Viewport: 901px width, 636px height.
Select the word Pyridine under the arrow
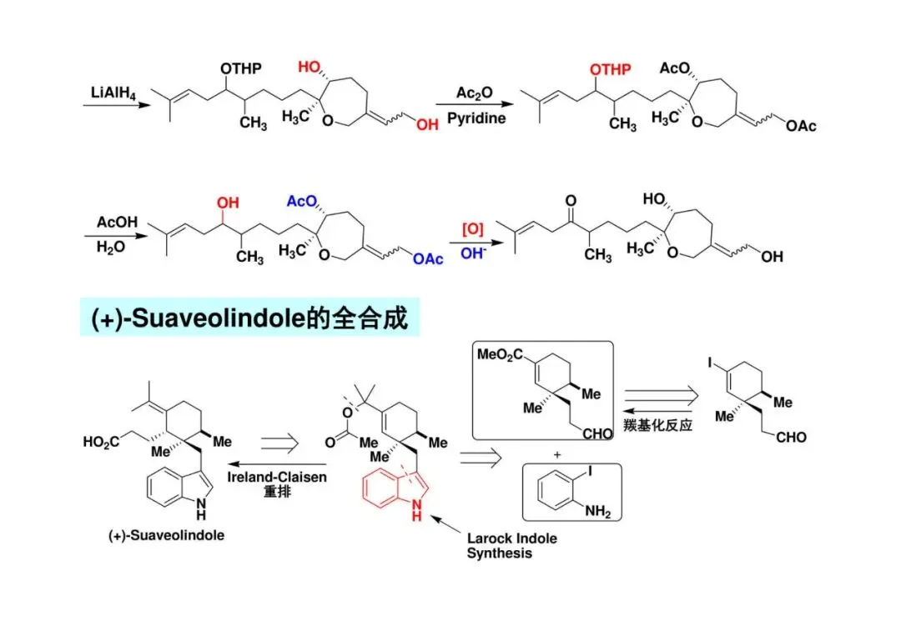pyautogui.click(x=476, y=119)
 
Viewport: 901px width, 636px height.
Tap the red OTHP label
pyautogui.click(x=610, y=69)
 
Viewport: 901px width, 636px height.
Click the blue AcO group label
pyautogui.click(x=303, y=203)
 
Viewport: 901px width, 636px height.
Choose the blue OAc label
pyautogui.click(x=429, y=259)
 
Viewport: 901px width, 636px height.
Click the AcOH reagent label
pyautogui.click(x=110, y=223)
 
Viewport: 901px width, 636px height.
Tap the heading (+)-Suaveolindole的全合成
pyautogui.click(x=249, y=318)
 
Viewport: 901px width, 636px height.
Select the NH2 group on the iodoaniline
pyautogui.click(x=596, y=513)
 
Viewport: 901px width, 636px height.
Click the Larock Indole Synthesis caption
pyautogui.click(x=511, y=545)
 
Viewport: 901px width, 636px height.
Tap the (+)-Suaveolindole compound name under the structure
pyautogui.click(x=167, y=535)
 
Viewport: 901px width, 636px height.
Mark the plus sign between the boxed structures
pyautogui.click(x=551, y=454)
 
